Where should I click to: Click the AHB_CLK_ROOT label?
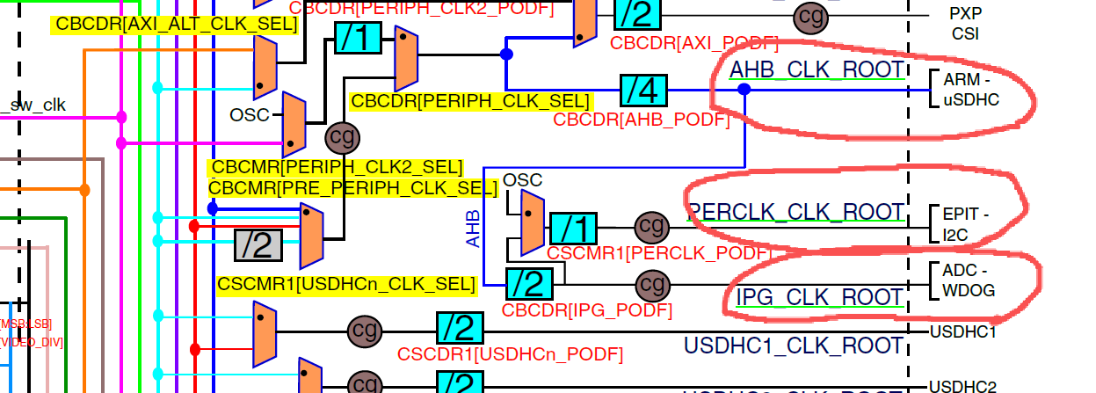pos(817,69)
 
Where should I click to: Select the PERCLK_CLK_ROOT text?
pos(796,212)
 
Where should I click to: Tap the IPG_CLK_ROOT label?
pos(819,296)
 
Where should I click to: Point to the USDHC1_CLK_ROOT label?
pos(794,346)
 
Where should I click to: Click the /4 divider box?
pos(643,90)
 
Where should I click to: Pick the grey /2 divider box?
pos(258,244)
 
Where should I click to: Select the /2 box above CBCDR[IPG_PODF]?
pos(529,284)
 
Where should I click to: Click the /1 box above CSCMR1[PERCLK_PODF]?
pos(573,229)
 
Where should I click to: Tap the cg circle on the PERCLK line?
pos(651,228)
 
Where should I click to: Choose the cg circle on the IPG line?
pos(651,284)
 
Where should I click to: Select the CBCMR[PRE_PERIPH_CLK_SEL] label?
pos(347,187)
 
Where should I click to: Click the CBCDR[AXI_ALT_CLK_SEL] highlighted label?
pos(176,25)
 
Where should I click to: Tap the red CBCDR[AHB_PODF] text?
pos(641,120)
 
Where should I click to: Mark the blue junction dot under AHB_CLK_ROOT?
pos(744,89)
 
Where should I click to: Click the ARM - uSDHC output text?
pos(971,90)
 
